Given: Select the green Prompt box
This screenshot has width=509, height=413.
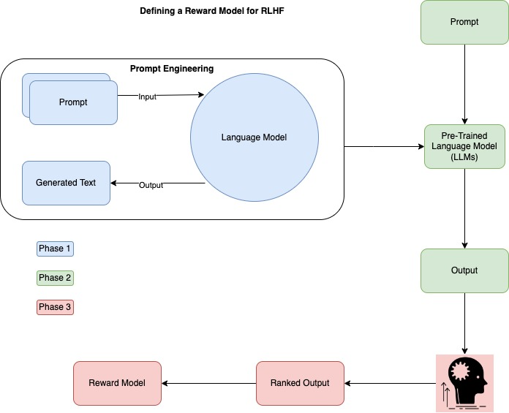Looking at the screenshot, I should click(464, 22).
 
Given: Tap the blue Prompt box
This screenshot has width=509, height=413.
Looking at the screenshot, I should click(73, 102).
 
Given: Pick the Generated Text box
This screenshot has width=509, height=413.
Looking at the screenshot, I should click(66, 183).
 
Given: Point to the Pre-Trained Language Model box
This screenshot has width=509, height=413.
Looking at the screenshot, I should click(464, 147).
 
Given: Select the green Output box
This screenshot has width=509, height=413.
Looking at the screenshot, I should click(464, 270).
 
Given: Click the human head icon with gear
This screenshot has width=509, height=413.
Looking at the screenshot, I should click(464, 382).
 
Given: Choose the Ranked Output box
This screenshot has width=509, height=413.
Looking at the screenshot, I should click(300, 383).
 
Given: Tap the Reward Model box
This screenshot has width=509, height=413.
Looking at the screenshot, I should click(117, 383).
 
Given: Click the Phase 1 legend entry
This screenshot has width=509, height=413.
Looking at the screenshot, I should click(55, 249).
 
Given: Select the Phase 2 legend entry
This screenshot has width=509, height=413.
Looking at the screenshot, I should click(55, 278).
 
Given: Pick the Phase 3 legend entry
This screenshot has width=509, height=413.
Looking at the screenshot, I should click(55, 307).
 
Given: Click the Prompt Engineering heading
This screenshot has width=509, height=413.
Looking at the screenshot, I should click(172, 69).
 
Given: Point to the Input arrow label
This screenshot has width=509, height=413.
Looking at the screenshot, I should click(147, 96).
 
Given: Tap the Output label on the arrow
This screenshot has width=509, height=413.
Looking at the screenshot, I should click(151, 185).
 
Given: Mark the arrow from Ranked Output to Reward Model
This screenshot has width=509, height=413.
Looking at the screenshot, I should click(208, 383).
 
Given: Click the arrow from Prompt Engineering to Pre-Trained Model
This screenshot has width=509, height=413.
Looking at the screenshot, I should click(384, 147).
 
